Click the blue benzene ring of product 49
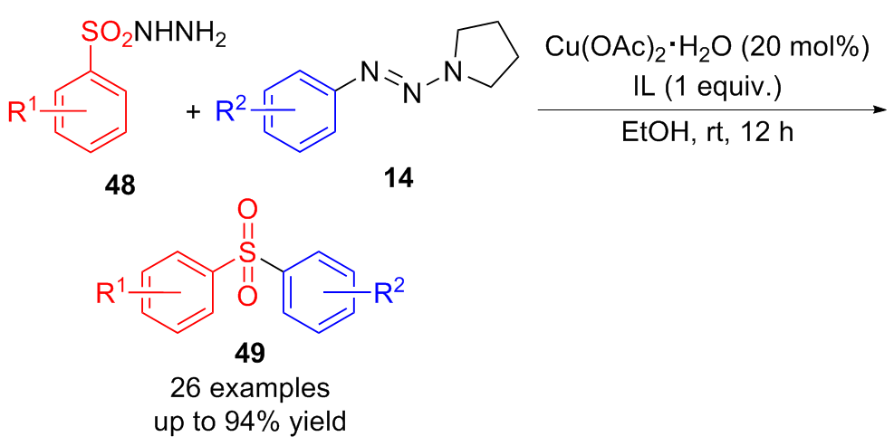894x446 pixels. click(319, 294)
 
